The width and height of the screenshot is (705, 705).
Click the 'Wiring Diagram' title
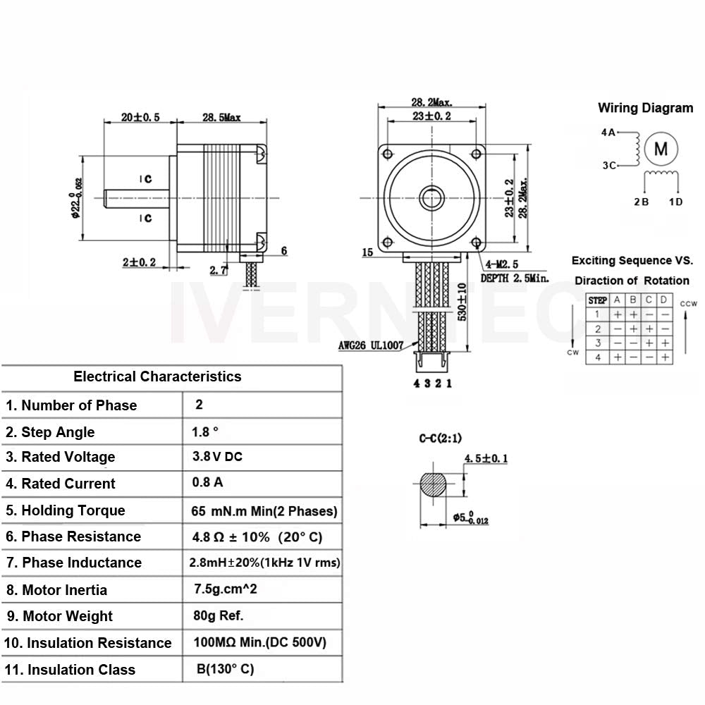645,108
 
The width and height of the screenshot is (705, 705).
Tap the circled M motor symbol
661,149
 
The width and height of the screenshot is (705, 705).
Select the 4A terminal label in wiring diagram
608,132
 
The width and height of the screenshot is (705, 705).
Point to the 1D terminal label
675,202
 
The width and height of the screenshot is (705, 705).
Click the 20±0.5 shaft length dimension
140,117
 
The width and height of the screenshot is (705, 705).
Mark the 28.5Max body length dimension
221,117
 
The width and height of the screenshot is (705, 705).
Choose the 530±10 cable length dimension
462,302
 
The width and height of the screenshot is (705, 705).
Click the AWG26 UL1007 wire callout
371,345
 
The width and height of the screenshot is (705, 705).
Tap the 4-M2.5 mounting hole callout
506,265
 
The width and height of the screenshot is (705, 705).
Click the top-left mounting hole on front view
386,153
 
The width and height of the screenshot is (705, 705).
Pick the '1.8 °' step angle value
205,431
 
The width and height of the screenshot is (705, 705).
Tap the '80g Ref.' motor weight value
218,615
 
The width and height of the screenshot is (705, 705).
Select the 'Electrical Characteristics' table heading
157,376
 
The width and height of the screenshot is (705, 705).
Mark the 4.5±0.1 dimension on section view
486,459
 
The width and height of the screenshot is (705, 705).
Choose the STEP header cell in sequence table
597,300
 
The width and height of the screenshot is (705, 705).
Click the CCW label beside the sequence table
688,304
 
